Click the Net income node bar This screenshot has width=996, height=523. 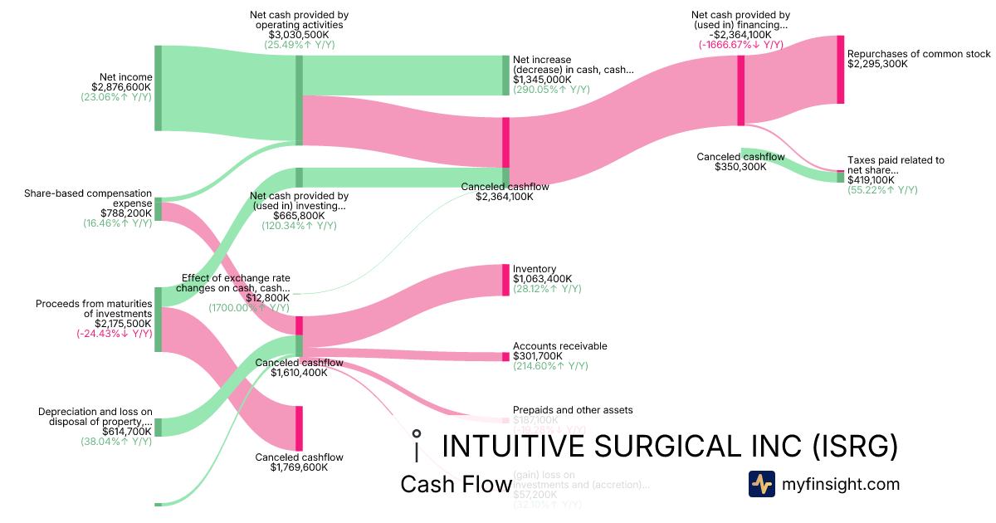pyautogui.click(x=158, y=88)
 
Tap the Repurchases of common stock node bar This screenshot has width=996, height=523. pyautogui.click(x=840, y=70)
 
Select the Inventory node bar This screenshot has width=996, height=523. pyautogui.click(x=505, y=280)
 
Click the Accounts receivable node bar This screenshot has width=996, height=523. pyautogui.click(x=505, y=357)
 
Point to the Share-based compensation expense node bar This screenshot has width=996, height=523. pyautogui.click(x=158, y=209)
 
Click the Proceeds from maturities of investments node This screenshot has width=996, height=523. pyautogui.click(x=158, y=319)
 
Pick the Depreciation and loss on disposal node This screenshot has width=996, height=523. pyautogui.click(x=158, y=427)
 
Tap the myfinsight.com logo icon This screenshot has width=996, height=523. pyautogui.click(x=761, y=484)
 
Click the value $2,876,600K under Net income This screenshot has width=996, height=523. pyautogui.click(x=122, y=87)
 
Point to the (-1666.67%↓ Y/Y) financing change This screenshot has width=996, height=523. pyautogui.click(x=740, y=45)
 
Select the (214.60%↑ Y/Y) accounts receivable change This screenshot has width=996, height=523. pyautogui.click(x=550, y=366)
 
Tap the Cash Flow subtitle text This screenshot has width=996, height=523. pyautogui.click(x=456, y=485)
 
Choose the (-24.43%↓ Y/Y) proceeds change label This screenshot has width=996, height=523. pyautogui.click(x=115, y=334)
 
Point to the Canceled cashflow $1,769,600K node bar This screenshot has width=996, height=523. pyautogui.click(x=299, y=428)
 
